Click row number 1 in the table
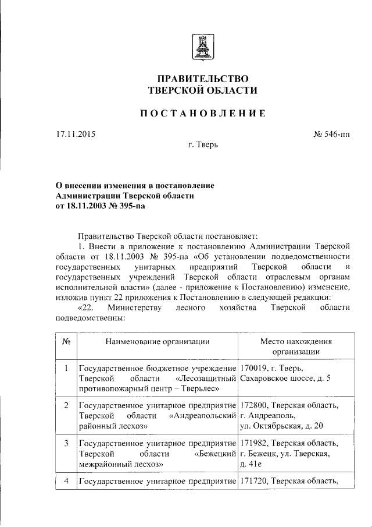66,369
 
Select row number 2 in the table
66,405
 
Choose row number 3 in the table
66,443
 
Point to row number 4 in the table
66,480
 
